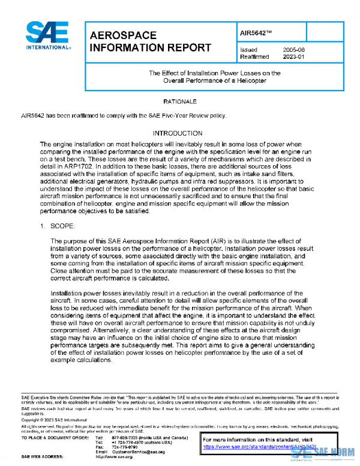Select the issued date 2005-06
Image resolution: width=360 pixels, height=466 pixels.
pos(295,50)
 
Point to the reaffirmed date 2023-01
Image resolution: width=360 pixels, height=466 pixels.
pos(295,57)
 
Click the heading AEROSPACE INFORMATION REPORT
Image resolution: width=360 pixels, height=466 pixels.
pos(149,41)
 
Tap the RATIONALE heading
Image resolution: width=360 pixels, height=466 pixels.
pos(179,102)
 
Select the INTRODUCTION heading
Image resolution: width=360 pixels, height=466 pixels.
pos(179,133)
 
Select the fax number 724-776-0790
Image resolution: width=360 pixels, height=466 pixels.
pos(125,447)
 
